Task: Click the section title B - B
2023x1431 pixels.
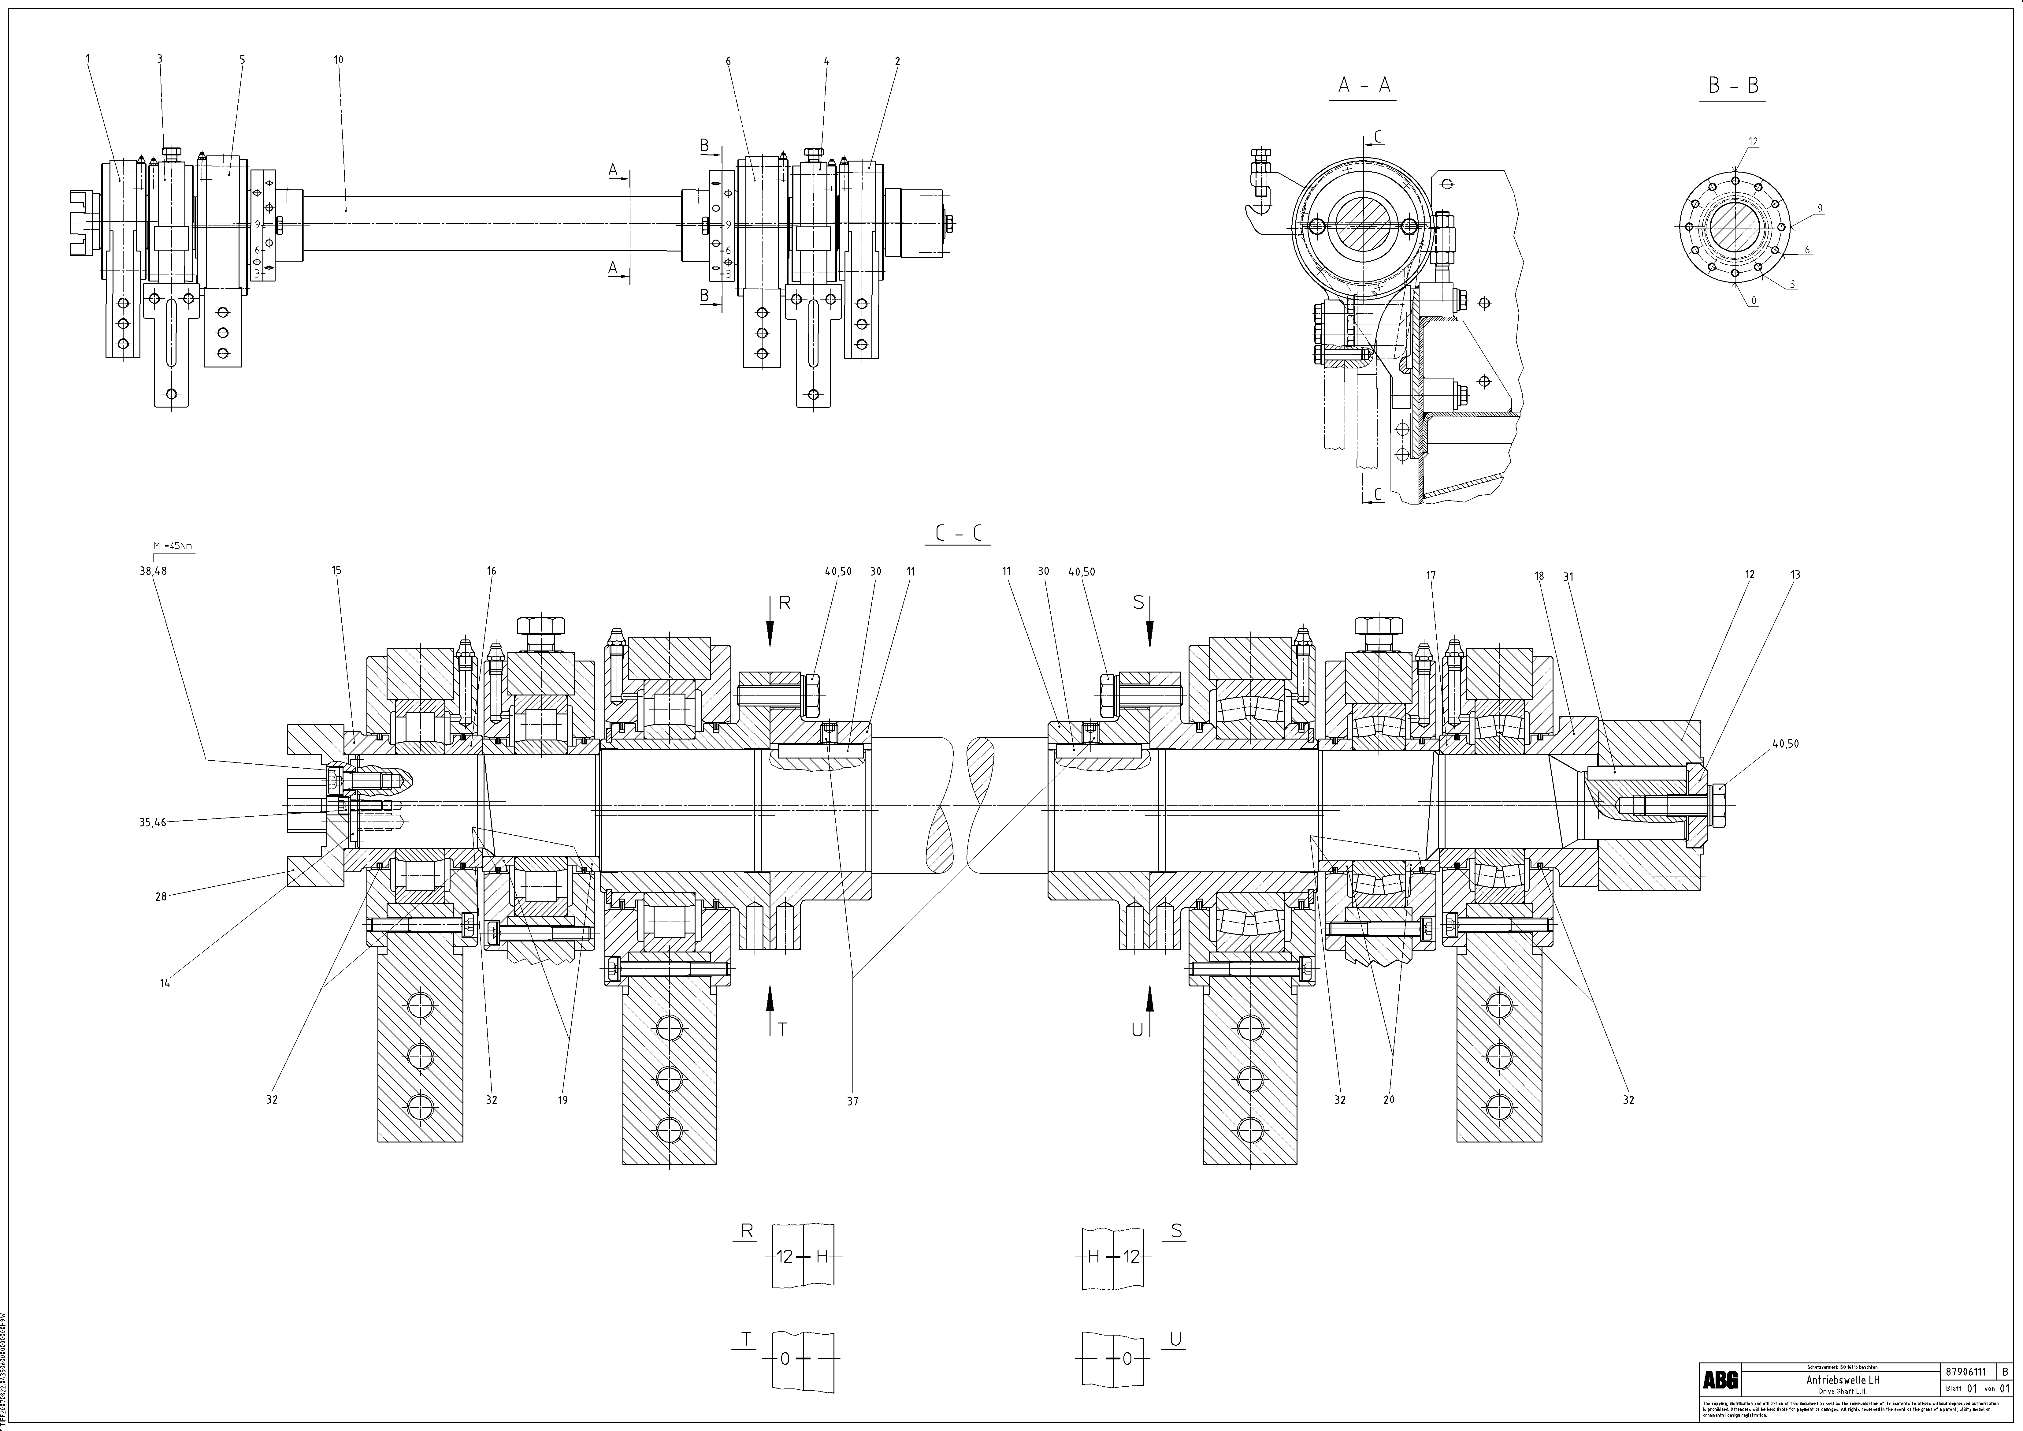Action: pyautogui.click(x=1732, y=85)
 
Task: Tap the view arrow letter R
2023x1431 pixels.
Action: pyautogui.click(x=785, y=604)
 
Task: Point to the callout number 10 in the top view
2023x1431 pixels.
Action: pyautogui.click(x=338, y=60)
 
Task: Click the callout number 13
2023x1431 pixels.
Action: pyautogui.click(x=1795, y=575)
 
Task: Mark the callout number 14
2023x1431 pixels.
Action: pyautogui.click(x=165, y=983)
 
